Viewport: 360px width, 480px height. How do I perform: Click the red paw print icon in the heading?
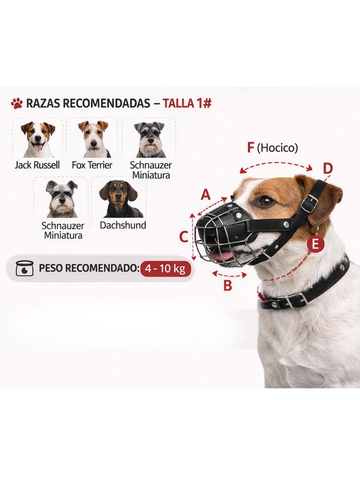tap(17, 103)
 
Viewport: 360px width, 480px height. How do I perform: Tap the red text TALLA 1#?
tap(187, 104)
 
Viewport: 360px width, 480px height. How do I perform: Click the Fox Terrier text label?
tap(92, 165)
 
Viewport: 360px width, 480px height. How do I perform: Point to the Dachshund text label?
tap(123, 225)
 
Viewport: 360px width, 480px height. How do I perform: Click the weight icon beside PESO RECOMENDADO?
tap(24, 268)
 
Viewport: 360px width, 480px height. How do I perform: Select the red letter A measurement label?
tap(206, 195)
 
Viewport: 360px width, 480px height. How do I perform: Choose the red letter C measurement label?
tap(183, 237)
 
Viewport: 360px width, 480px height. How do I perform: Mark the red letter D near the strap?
tap(327, 169)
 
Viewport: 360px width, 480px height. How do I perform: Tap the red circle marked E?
tap(315, 244)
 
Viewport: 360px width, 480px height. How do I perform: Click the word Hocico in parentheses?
tap(277, 148)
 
